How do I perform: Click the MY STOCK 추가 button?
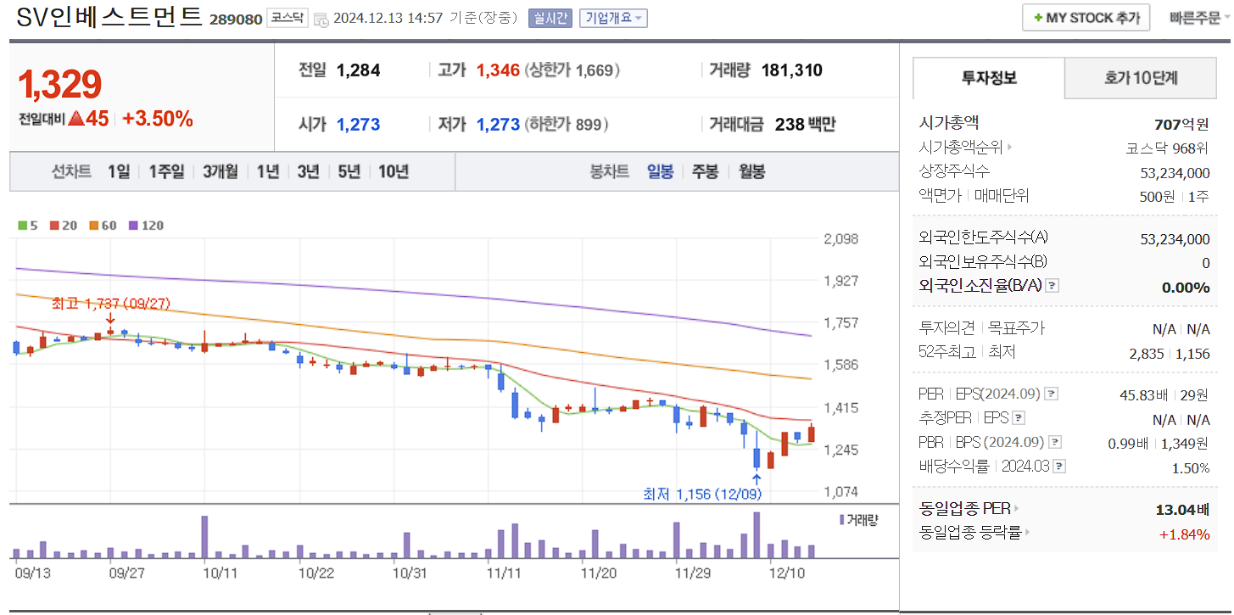tap(1086, 17)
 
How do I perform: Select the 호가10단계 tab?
tap(1141, 79)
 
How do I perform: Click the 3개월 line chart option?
tap(221, 171)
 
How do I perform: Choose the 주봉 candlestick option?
tap(705, 171)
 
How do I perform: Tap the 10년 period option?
tap(394, 171)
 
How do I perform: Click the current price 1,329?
tap(60, 84)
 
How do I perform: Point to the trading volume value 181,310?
tap(791, 70)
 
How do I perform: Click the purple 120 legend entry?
tap(146, 226)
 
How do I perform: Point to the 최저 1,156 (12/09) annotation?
tap(702, 495)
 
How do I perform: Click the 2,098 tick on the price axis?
tap(840, 239)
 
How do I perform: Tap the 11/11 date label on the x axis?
tap(504, 573)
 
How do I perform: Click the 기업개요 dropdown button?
tap(613, 18)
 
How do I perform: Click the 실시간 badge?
tap(550, 18)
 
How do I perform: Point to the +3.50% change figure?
tap(158, 119)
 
